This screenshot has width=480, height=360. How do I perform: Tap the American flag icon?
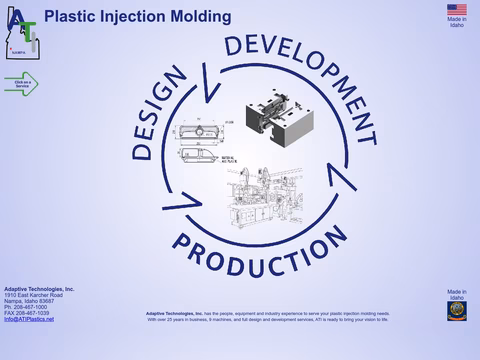point(456,9)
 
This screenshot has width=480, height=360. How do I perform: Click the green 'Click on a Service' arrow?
point(20,84)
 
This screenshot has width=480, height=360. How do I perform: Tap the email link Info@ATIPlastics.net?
point(29,319)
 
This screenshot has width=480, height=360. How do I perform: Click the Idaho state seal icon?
point(456,310)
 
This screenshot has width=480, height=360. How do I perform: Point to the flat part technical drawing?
point(205,145)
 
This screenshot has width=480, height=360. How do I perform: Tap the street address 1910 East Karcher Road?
point(33,295)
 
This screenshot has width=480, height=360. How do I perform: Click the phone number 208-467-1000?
point(31,307)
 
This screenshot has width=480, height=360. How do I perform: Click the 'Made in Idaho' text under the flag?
point(456,21)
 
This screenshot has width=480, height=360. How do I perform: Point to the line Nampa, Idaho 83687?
point(31,301)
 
